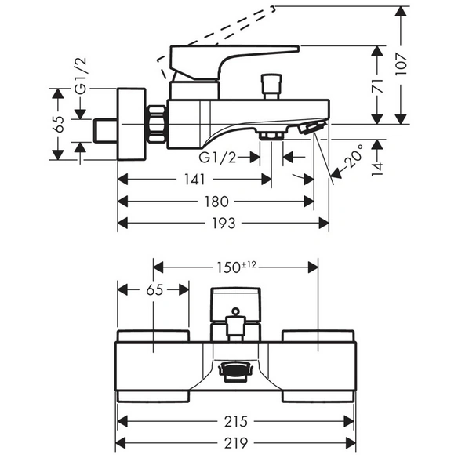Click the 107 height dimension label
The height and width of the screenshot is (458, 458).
[402, 64]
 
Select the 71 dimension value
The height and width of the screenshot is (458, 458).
[378, 85]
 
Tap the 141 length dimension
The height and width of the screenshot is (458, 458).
[194, 179]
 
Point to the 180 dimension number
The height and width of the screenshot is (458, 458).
[216, 202]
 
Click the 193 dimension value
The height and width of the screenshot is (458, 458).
[224, 224]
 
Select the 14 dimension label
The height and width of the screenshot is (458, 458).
[378, 169]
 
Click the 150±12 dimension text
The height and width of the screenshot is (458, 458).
[236, 267]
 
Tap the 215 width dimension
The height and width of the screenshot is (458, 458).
[236, 421]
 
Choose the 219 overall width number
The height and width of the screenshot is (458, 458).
[236, 443]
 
